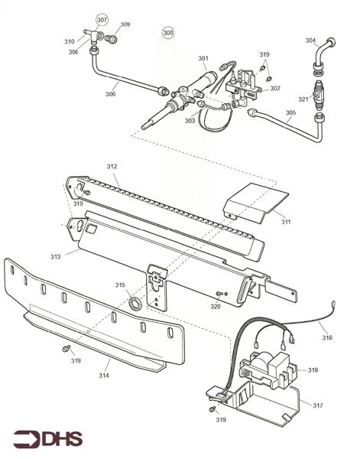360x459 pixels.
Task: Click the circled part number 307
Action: pyautogui.click(x=102, y=20)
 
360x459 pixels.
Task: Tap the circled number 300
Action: pyautogui.click(x=168, y=32)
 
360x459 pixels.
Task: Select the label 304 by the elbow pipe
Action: pyautogui.click(x=310, y=40)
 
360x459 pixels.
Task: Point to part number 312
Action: pyautogui.click(x=112, y=166)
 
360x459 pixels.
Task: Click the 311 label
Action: pyautogui.click(x=286, y=222)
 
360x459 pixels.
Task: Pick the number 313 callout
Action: pyautogui.click(x=56, y=257)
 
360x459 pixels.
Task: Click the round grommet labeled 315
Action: pyautogui.click(x=135, y=303)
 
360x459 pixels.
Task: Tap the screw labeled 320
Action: pyautogui.click(x=219, y=293)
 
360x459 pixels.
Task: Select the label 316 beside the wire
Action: pyautogui.click(x=327, y=337)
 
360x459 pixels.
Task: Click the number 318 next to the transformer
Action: pyautogui.click(x=313, y=370)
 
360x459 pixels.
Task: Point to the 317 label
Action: pyautogui.click(x=318, y=405)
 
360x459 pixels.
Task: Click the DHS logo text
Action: pyautogui.click(x=62, y=440)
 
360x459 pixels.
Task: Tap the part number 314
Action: pyautogui.click(x=104, y=376)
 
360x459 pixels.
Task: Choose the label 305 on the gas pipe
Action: pyautogui.click(x=290, y=112)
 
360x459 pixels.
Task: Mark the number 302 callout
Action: pyautogui.click(x=275, y=88)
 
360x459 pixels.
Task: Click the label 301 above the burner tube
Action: pyautogui.click(x=203, y=58)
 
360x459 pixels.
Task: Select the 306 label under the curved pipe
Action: pyautogui.click(x=111, y=94)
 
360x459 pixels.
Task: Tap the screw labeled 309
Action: pyautogui.click(x=111, y=37)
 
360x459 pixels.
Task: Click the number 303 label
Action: pyautogui.click(x=190, y=121)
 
